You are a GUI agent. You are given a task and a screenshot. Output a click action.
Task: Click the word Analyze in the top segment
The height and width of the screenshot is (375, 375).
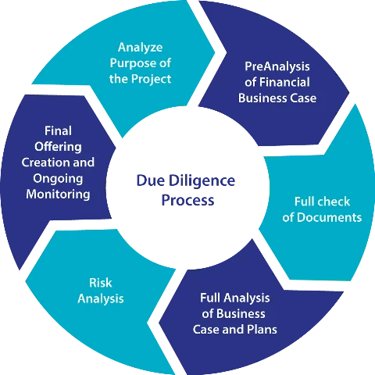point(141,48)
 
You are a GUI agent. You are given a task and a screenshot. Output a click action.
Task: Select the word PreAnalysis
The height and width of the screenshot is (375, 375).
point(277,66)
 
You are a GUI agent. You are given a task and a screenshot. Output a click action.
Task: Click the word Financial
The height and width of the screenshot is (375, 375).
point(284,82)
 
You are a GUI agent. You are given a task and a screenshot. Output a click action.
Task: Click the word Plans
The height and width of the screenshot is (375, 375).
point(262,329)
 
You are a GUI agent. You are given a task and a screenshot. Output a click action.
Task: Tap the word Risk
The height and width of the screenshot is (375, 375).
point(101,283)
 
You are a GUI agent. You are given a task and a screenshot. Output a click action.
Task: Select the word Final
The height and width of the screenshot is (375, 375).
point(58,130)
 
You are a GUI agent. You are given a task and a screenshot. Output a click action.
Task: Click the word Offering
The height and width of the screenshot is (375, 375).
point(58,147)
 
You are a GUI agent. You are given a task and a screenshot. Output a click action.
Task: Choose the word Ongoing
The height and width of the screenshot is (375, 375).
point(58,179)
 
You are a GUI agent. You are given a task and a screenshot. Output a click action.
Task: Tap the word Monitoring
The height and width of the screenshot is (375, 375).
point(58,195)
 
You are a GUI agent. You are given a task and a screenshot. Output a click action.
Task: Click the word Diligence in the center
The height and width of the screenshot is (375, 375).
point(202,181)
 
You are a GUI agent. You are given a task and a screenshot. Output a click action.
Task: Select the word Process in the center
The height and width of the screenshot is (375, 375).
point(187,200)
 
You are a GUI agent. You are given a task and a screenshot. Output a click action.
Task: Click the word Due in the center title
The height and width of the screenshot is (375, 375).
point(151,180)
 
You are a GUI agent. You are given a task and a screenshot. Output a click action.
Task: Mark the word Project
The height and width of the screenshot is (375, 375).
point(151,79)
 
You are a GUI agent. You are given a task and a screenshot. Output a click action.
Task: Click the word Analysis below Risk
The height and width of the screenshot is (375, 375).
point(101,299)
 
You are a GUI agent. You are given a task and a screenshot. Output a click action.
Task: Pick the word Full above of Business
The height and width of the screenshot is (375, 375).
point(210,298)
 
